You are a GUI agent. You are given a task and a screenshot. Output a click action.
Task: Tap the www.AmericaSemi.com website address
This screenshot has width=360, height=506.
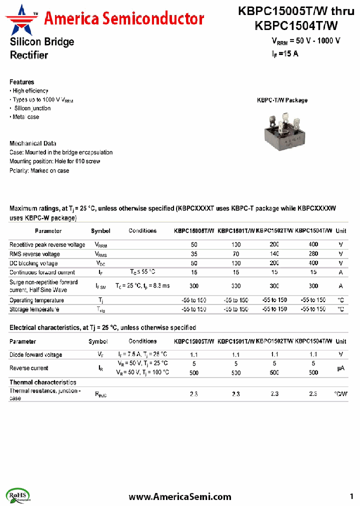[x=180, y=496]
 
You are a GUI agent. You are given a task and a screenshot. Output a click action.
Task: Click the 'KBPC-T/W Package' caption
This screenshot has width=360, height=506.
[x=282, y=100]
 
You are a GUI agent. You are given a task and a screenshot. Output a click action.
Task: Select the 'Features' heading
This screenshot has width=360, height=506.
[x=22, y=82]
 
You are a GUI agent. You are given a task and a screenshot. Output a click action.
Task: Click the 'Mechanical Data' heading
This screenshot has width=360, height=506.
[x=33, y=143]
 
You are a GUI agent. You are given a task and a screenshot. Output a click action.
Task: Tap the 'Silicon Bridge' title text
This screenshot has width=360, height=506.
[x=42, y=42]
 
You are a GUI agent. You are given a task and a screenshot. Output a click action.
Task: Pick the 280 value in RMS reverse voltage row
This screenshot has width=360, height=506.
[x=313, y=254]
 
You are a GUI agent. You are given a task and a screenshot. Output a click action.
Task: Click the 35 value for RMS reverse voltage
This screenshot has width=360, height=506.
[x=194, y=254]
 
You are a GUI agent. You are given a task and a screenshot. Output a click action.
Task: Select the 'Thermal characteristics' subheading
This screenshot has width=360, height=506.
[x=43, y=382]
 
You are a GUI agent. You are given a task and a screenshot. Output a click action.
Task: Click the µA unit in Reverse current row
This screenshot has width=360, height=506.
[x=340, y=368]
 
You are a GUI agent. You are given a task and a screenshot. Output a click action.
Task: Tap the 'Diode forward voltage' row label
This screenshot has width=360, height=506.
[x=36, y=355]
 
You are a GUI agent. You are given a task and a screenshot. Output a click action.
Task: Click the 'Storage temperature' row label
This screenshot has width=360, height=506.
[x=34, y=309]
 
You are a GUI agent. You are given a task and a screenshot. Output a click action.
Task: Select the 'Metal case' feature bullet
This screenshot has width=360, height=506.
[x=25, y=117]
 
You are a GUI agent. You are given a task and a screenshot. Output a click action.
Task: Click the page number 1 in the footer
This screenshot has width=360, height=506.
[x=351, y=496]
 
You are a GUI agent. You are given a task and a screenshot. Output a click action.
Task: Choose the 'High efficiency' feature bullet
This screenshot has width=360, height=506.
[x=29, y=91]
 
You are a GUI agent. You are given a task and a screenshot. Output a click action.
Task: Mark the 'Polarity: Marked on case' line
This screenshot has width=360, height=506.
[x=39, y=170]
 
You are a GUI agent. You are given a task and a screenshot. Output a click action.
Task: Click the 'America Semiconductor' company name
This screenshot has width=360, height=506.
[x=124, y=19]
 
